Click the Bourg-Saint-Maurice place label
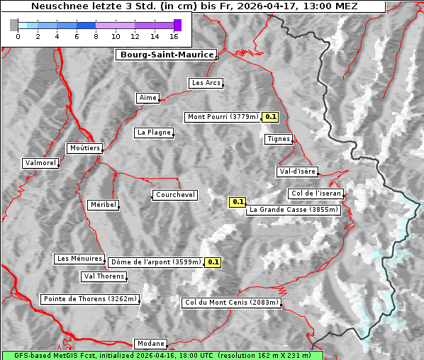pos(165,55)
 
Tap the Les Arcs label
pos(206,83)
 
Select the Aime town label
pos(148,98)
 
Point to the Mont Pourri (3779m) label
pos(223,117)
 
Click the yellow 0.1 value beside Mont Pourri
pos(270,117)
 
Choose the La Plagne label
pos(154,133)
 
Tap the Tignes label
pos(279,139)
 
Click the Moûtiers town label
pos(84,148)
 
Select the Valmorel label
pos(40,163)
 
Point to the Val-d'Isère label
pos(297,171)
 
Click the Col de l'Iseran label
pos(316,193)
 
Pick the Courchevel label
pos(175,195)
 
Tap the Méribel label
pos(103,205)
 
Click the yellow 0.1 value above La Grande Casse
pos(237,202)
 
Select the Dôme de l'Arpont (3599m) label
pos(155,262)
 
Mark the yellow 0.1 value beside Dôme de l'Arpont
pos(213,262)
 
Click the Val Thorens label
pos(104,276)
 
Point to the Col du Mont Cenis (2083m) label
pos(232,303)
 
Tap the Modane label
pos(150,344)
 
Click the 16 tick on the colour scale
pos(174,36)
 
